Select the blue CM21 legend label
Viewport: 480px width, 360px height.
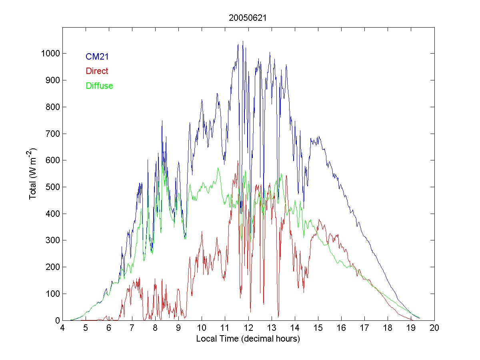point(97,57)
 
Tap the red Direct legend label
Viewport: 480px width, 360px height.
point(97,71)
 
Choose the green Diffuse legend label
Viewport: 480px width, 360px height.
point(99,86)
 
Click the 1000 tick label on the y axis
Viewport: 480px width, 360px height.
point(50,54)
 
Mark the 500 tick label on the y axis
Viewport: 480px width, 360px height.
point(53,187)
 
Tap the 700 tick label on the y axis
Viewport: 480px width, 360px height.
point(53,134)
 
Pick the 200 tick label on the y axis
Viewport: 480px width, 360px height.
point(53,267)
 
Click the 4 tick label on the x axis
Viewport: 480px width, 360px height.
point(62,328)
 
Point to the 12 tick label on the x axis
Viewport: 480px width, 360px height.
point(248,328)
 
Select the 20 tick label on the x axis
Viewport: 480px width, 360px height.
point(434,328)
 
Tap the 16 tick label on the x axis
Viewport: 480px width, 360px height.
point(341,328)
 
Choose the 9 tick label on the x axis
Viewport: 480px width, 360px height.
point(179,328)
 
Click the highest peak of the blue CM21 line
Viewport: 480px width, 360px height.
point(243,41)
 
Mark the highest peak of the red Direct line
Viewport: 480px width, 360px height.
point(238,161)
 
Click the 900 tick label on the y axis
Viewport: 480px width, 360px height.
point(53,80)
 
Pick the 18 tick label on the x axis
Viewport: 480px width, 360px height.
point(388,328)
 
